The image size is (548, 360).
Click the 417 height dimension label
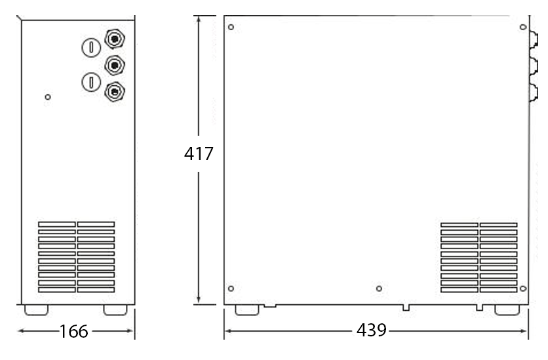(x=199, y=154)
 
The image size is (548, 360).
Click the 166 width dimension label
(x=73, y=331)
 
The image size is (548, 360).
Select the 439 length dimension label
(x=372, y=330)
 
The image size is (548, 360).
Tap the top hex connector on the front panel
(x=115, y=39)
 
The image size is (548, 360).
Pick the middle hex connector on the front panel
(x=115, y=65)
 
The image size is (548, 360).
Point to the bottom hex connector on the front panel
(x=115, y=92)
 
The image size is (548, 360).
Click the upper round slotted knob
(x=91, y=47)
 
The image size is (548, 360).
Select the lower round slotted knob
(x=91, y=82)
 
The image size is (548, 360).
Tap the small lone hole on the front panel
(x=48, y=97)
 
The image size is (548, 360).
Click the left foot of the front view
(x=36, y=310)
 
